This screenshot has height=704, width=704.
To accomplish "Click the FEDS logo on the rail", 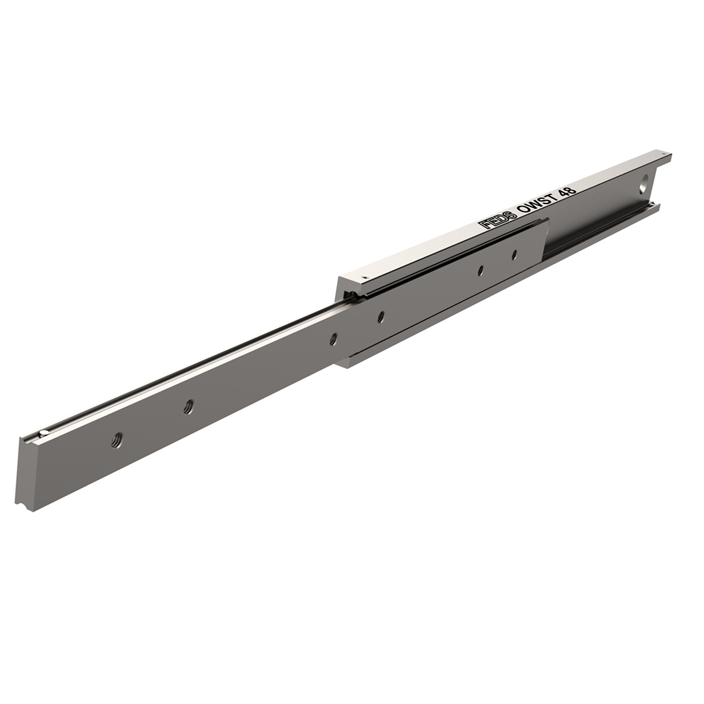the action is pos(497,218).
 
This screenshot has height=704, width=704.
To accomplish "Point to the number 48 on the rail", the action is pos(566,187).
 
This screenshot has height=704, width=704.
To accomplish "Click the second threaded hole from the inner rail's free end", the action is pos(188,406).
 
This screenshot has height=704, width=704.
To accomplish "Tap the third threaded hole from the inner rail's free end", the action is pos(333,339).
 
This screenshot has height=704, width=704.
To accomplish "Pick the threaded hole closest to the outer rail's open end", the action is pos(381,317).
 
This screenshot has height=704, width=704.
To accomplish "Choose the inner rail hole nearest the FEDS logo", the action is pos(514,255).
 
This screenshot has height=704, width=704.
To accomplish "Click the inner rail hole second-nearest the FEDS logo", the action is pos(480,271).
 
